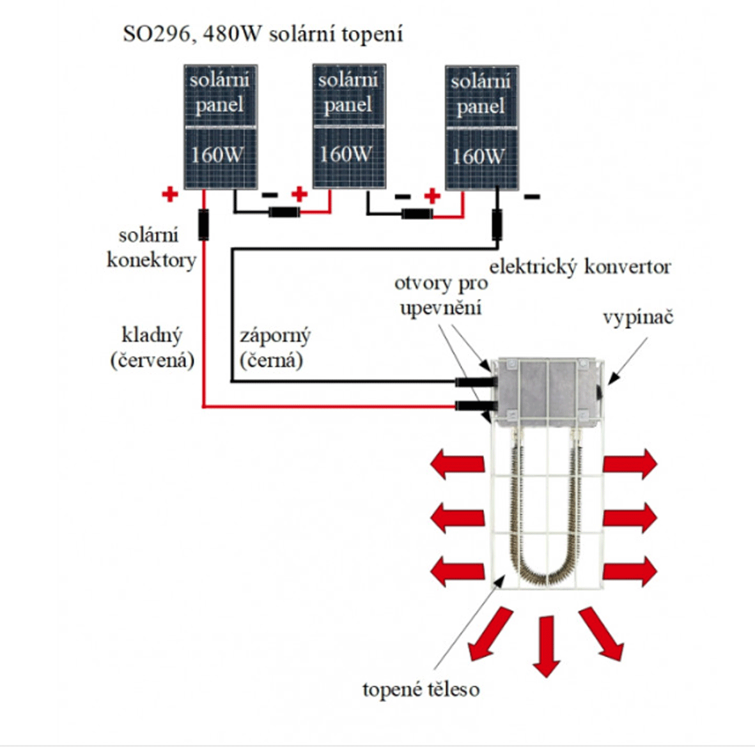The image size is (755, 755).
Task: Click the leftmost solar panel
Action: tap(221, 127)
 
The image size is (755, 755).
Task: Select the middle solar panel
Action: tap(349, 126)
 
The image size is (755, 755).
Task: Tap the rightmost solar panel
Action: tap(482, 128)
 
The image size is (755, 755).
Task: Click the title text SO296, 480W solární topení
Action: tap(263, 35)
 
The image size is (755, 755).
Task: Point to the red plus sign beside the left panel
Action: tap(170, 194)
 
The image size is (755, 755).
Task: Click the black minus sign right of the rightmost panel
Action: tap(532, 196)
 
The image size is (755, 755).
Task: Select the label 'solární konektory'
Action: tap(152, 248)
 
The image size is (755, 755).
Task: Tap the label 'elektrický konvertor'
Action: tap(580, 267)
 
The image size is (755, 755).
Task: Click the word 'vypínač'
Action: tap(638, 318)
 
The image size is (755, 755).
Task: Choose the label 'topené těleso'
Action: tap(421, 689)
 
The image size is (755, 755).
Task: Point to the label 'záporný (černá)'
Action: tap(275, 348)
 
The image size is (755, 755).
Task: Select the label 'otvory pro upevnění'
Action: tap(441, 295)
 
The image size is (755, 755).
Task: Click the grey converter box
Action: tap(549, 392)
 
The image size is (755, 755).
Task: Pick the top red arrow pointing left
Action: tap(458, 464)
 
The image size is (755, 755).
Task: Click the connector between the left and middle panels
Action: tap(284, 212)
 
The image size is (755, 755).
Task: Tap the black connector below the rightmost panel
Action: tap(497, 225)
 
